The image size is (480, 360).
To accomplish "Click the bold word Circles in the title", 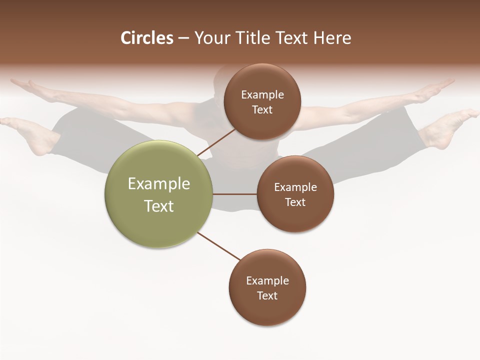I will pyautogui.click(x=146, y=38).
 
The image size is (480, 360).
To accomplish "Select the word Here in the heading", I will pyautogui.click(x=332, y=38).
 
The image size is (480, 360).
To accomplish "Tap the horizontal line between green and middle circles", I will pyautogui.click(x=234, y=194).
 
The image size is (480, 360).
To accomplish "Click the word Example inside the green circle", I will pyautogui.click(x=159, y=184).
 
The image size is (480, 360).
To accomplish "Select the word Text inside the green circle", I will pyautogui.click(x=159, y=206).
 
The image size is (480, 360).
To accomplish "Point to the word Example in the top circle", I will pyautogui.click(x=262, y=95).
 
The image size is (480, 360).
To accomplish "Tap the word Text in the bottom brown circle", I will pyautogui.click(x=267, y=296).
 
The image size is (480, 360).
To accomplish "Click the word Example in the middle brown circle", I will pyautogui.click(x=295, y=187).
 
